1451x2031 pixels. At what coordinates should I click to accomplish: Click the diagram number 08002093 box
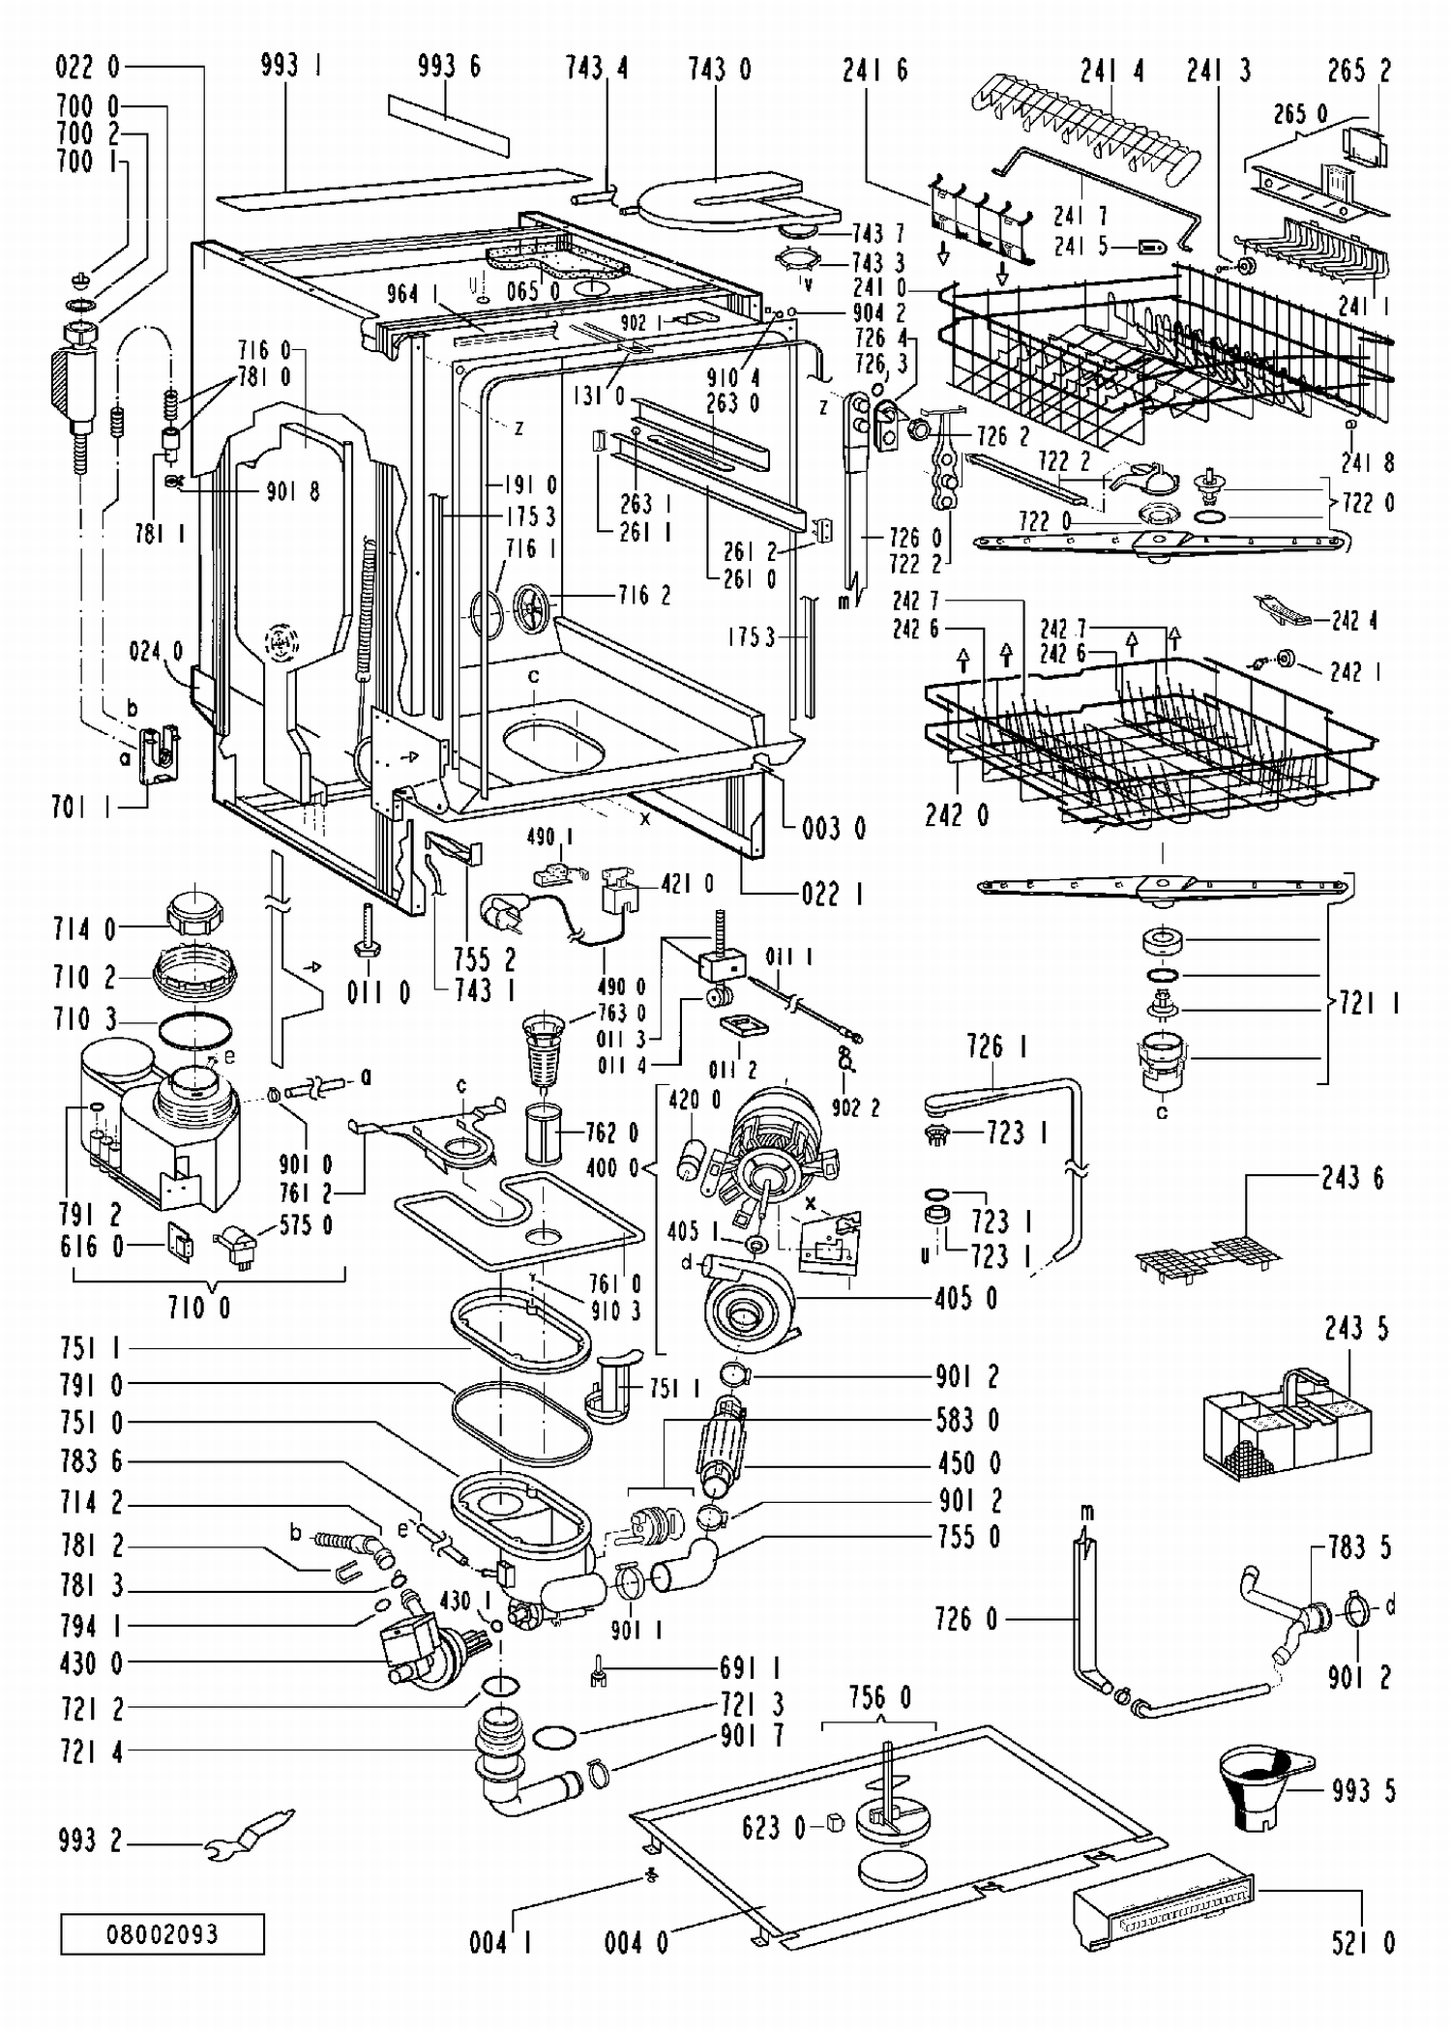pos(163,1934)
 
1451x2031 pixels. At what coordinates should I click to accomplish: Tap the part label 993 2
pos(91,1841)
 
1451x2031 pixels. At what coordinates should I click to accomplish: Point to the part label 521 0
pos(1363,1942)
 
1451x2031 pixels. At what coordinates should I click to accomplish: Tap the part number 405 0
pos(968,1298)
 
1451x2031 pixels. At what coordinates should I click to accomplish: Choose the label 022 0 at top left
pos(88,67)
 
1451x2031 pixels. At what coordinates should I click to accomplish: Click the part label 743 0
pos(719,69)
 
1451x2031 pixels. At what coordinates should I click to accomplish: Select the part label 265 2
pos(1359,70)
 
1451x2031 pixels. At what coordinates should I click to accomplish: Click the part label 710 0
pos(198,1308)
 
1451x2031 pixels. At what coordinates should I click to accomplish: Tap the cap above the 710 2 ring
pos(196,914)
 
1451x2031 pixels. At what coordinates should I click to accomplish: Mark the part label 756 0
pos(879,1696)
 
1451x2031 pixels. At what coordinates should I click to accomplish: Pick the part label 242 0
pos(957,815)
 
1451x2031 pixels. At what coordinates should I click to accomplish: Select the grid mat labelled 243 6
pos(1207,1254)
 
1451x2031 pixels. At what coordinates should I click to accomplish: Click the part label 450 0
pos(968,1462)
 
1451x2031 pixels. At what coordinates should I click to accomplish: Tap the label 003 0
pos(834,828)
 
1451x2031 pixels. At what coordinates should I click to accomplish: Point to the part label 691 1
pos(751,1666)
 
